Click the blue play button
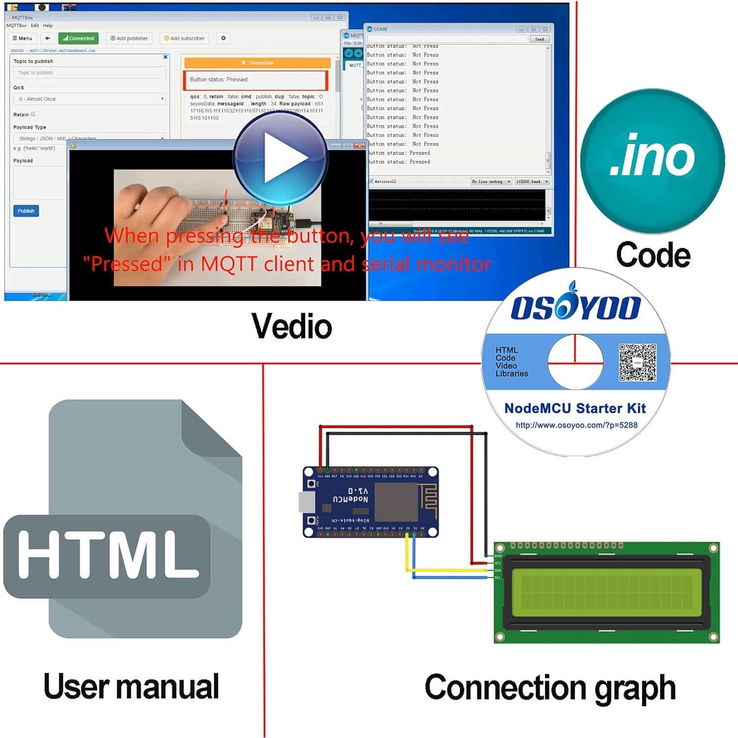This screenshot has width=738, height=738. click(x=280, y=159)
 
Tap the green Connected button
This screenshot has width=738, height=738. click(x=78, y=38)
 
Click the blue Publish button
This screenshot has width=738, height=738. click(x=26, y=211)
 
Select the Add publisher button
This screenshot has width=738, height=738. click(x=129, y=38)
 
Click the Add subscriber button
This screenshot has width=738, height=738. click(x=184, y=38)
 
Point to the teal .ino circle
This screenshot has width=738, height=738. click(x=652, y=160)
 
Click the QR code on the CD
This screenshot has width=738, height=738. click(x=637, y=363)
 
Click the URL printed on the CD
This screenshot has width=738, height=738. click(x=576, y=425)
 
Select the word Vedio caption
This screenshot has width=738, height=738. click(x=291, y=326)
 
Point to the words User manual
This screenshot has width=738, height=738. click(x=131, y=686)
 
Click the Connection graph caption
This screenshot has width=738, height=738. click(x=550, y=687)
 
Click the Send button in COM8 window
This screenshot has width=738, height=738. click(x=539, y=39)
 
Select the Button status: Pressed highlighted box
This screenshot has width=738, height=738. click(x=256, y=80)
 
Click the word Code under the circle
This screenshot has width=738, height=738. click(x=653, y=255)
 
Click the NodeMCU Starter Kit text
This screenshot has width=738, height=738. click(x=575, y=408)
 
